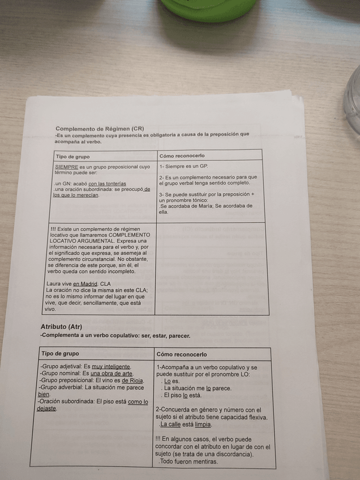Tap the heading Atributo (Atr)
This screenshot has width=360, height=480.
(x=61, y=327)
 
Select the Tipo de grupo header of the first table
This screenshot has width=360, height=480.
(x=72, y=156)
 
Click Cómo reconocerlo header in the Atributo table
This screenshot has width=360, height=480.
(x=182, y=354)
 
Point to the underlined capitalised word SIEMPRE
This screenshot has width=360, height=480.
(x=67, y=167)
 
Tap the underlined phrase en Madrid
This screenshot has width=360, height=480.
(x=85, y=284)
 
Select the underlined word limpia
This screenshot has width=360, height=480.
(x=203, y=424)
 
